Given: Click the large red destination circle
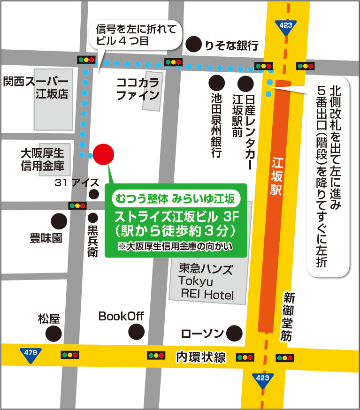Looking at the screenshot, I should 103,154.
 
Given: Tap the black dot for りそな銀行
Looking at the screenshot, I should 193,45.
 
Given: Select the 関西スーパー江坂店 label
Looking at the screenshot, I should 36,88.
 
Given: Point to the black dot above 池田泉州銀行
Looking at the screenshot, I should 216,84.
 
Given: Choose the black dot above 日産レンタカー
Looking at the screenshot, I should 245,84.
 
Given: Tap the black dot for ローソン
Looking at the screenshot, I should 235,334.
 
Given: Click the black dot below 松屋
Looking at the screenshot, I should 54,334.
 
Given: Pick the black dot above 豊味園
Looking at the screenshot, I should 59,220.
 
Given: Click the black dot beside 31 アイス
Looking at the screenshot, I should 94,194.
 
